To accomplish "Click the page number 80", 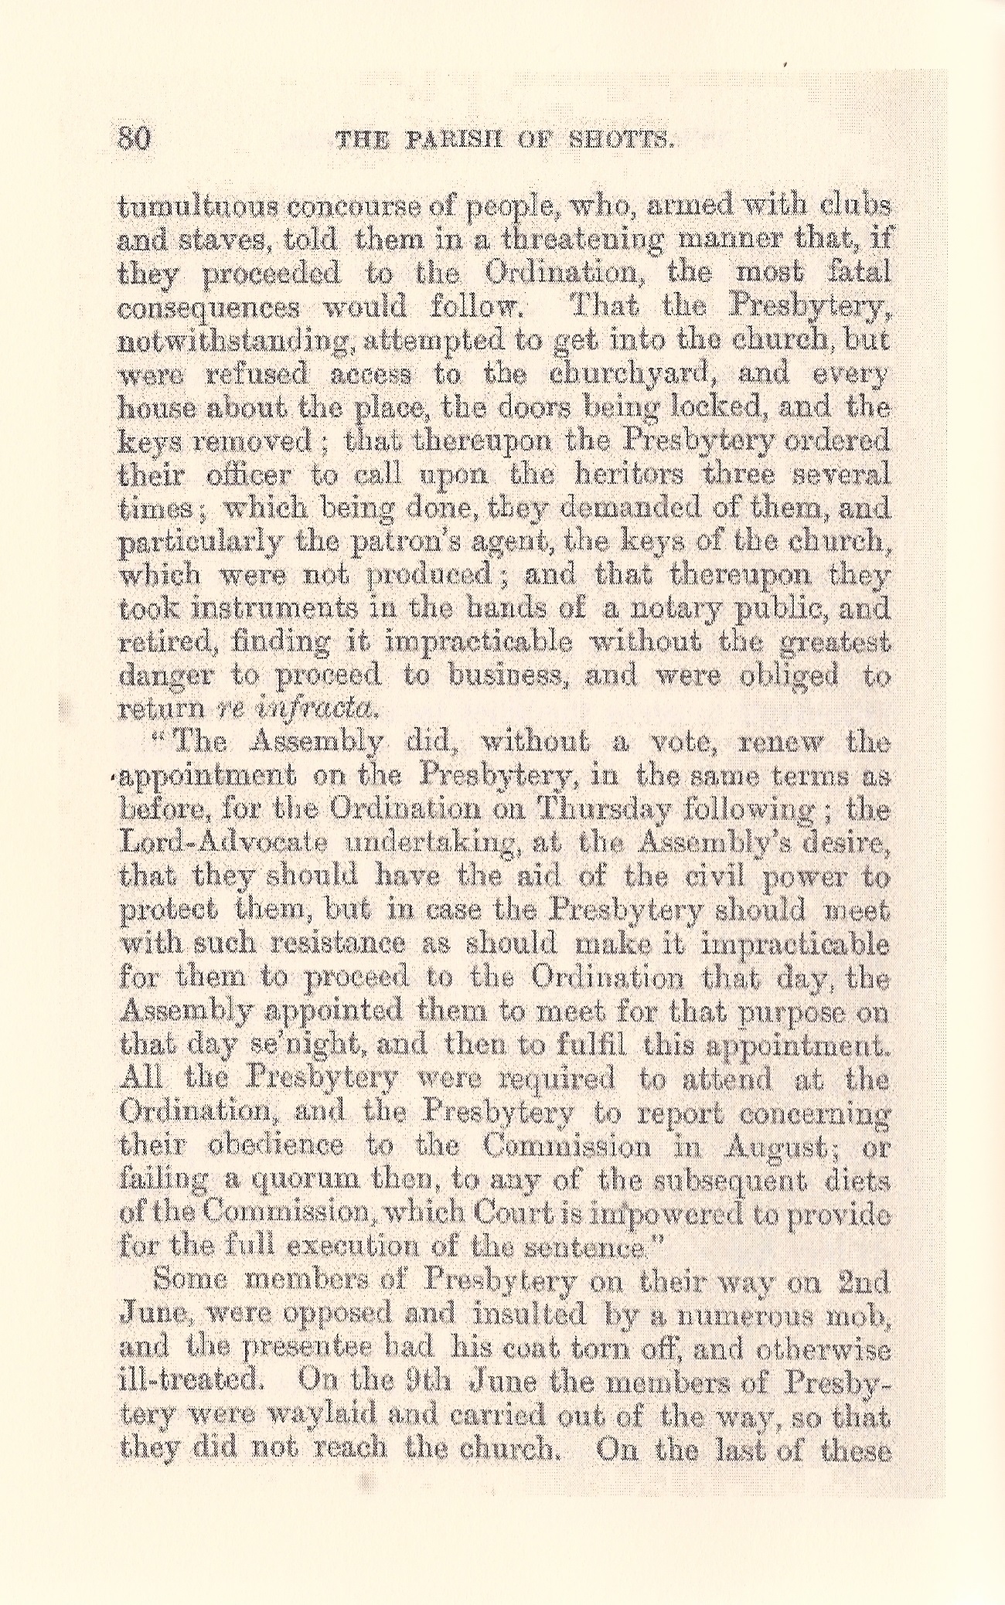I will (136, 140).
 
